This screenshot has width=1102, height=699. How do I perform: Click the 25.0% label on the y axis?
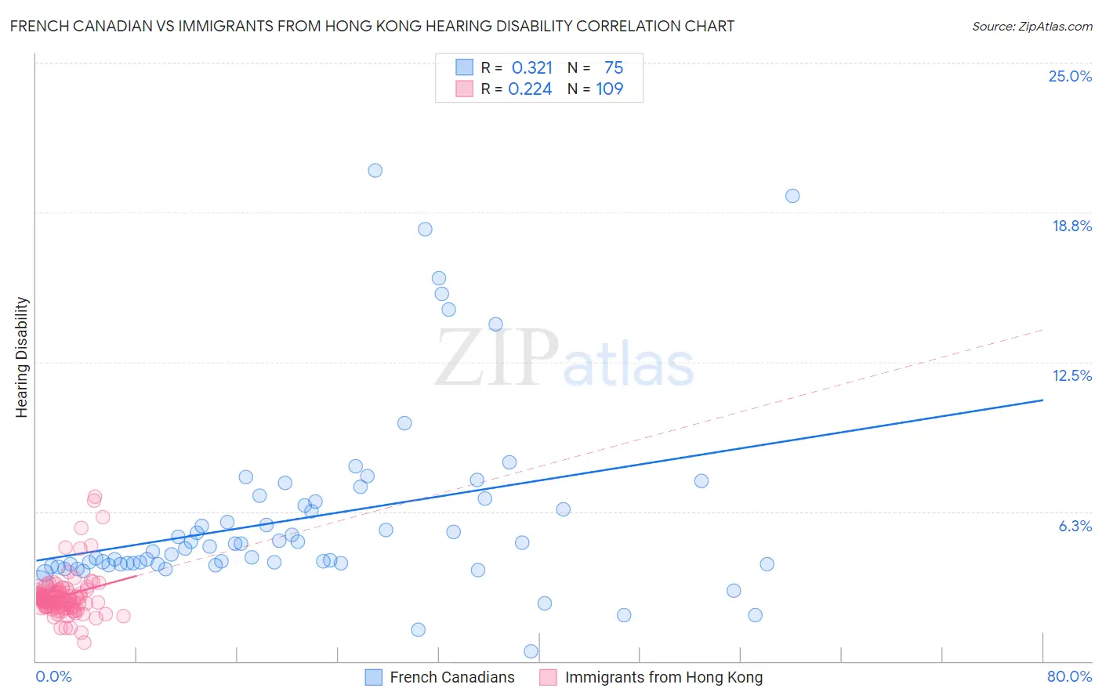[x=1070, y=76]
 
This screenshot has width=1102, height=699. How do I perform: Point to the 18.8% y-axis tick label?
[x=1071, y=226]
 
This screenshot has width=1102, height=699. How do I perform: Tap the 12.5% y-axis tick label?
[x=1071, y=375]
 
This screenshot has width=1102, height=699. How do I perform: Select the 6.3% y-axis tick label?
[x=1075, y=526]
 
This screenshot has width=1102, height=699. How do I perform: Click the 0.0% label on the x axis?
[x=53, y=676]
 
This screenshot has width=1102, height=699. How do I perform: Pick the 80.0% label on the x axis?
[x=1069, y=676]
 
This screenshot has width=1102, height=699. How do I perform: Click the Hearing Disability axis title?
[x=22, y=357]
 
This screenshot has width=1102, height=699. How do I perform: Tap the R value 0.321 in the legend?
[x=532, y=68]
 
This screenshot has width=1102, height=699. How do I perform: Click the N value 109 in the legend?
[x=609, y=89]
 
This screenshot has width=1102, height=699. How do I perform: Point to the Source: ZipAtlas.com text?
[x=1031, y=27]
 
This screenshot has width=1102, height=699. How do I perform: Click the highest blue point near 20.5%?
[x=375, y=170]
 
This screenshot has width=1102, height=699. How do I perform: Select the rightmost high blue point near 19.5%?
[x=792, y=196]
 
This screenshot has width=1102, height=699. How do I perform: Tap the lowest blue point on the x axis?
[x=531, y=651]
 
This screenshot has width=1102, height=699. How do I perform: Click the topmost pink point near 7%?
[x=95, y=497]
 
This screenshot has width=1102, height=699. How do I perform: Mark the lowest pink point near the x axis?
[x=84, y=643]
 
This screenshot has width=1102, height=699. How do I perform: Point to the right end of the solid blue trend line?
[x=1042, y=400]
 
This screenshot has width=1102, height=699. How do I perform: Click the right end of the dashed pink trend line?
[x=1042, y=330]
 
